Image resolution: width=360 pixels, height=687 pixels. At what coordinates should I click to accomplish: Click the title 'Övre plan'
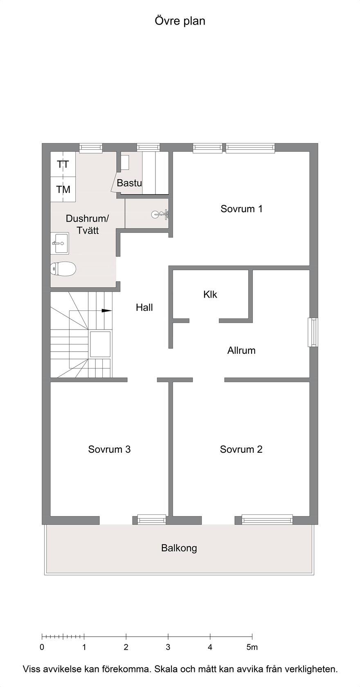point(180,21)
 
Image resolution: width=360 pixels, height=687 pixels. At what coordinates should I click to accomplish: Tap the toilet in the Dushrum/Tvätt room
point(63,269)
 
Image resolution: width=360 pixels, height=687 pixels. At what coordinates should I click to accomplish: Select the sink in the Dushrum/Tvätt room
point(60,243)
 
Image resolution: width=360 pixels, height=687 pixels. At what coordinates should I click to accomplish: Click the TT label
point(63,165)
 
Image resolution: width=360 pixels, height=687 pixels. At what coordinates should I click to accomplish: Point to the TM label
point(63,190)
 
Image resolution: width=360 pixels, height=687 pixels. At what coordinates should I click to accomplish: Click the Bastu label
point(129,183)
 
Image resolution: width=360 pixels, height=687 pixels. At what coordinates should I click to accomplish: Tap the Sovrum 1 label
point(241,209)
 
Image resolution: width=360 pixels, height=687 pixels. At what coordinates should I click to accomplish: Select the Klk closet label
point(210,294)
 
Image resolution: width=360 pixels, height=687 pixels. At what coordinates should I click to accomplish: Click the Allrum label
point(241,350)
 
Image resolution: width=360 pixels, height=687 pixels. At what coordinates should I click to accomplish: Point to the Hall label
point(144,308)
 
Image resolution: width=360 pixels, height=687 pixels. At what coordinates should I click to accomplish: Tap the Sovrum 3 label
point(109,449)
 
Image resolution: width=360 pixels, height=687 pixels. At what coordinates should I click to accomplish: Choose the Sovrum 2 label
point(241,449)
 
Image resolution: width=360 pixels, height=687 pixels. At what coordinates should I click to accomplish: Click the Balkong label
point(179,548)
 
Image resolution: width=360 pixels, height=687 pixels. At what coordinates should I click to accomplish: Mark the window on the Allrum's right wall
point(313,332)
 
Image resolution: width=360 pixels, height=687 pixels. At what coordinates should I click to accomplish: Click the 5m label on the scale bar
point(252,647)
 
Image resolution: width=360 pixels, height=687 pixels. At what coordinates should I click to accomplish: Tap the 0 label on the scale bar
point(42,647)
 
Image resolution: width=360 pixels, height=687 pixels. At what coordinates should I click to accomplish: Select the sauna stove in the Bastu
point(125,162)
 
